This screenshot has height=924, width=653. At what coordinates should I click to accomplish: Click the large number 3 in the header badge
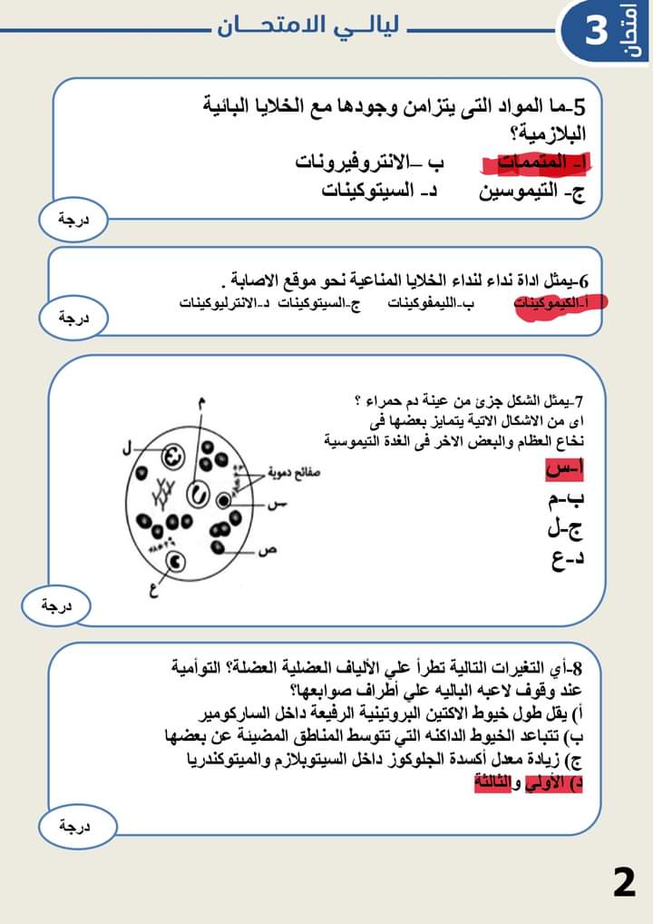point(596,30)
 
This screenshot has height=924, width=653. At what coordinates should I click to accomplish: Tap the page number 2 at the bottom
point(624,882)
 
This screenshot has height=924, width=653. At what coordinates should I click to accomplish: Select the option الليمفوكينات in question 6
point(430,303)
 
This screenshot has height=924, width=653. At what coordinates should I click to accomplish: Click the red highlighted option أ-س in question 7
point(564,469)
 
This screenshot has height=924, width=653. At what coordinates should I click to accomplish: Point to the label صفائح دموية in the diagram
point(296,472)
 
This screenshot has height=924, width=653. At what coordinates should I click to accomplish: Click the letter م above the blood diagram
point(200,403)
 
